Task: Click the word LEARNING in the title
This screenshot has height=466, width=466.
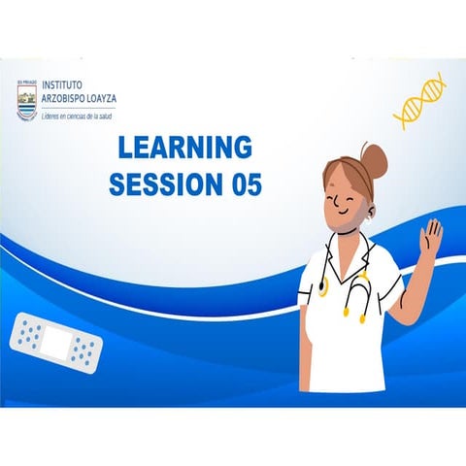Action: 184,149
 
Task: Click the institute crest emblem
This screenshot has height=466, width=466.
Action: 26,101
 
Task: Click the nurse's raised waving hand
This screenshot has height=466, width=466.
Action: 430,236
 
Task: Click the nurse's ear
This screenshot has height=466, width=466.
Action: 370,210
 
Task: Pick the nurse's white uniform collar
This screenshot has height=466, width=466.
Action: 363,260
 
